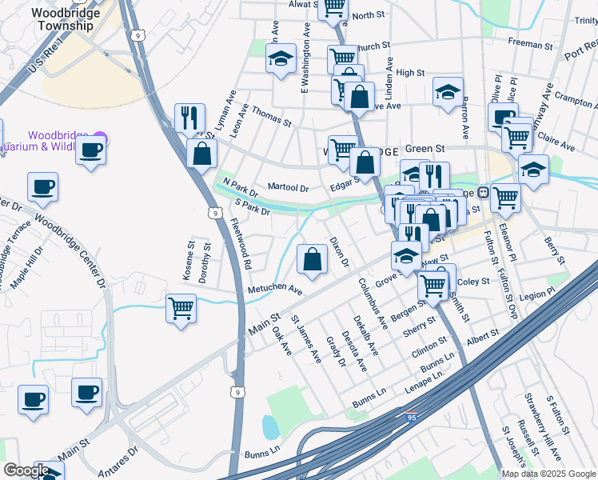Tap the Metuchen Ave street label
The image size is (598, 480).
(274, 289)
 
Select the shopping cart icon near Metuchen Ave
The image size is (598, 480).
(181, 308)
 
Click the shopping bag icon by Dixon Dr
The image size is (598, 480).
(311, 259)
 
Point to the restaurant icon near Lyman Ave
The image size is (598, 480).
(189, 118)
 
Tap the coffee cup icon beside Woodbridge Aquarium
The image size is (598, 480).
(91, 149)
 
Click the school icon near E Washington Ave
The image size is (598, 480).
(281, 59)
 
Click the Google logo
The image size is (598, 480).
(26, 470)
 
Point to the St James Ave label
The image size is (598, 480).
(305, 339)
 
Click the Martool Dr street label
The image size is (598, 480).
(288, 187)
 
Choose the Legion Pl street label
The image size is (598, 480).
(536, 294)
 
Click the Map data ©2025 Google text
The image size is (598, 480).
(548, 474)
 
